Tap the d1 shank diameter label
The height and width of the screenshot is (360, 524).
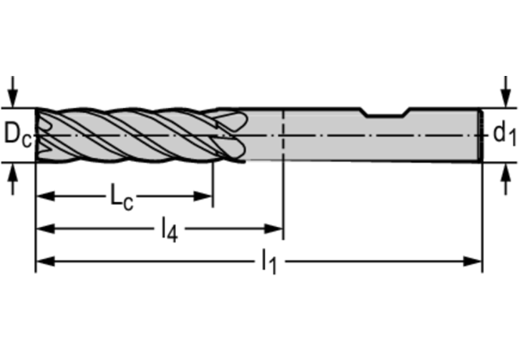click(x=504, y=134)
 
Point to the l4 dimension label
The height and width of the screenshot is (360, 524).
click(x=169, y=229)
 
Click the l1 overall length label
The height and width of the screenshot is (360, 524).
click(x=268, y=262)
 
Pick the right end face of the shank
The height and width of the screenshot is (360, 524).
click(x=480, y=135)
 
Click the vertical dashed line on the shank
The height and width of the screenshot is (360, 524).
click(x=282, y=149)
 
